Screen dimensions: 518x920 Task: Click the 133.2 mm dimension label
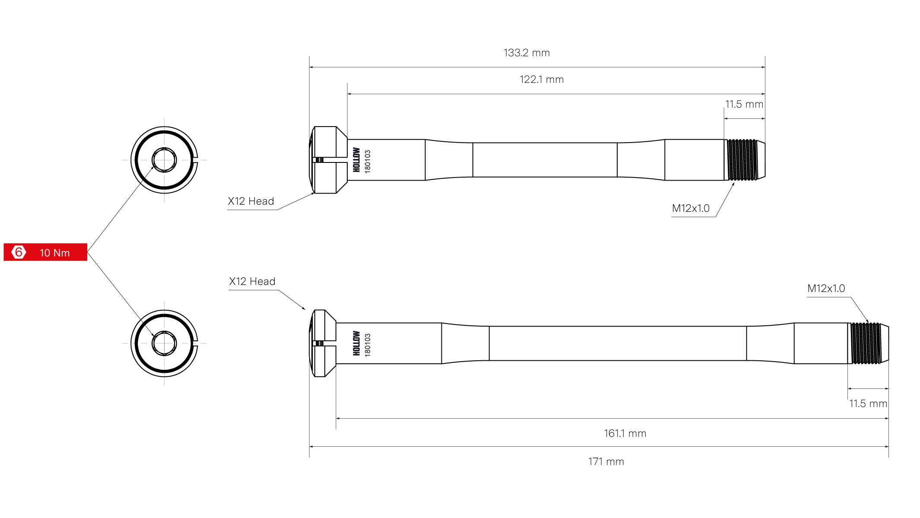527,53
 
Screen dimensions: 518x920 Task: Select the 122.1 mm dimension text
542,79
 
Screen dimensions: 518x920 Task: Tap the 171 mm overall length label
606,461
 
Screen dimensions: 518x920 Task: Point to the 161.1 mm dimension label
625,433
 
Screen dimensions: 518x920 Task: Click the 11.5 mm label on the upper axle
744,104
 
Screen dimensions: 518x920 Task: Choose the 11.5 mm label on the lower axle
868,404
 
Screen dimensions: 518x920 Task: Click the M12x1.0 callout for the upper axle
691,208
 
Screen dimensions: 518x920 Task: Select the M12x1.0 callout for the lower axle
826,288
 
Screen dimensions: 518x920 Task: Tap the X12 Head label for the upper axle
251,201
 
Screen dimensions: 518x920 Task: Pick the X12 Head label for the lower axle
252,282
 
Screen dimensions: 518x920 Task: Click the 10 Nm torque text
55,253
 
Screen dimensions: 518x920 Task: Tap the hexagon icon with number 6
19,252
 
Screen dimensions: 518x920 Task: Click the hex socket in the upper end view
164,160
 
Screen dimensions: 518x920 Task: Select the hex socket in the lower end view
164,343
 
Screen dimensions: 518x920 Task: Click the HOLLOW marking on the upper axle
356,160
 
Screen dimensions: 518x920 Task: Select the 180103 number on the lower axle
368,344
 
